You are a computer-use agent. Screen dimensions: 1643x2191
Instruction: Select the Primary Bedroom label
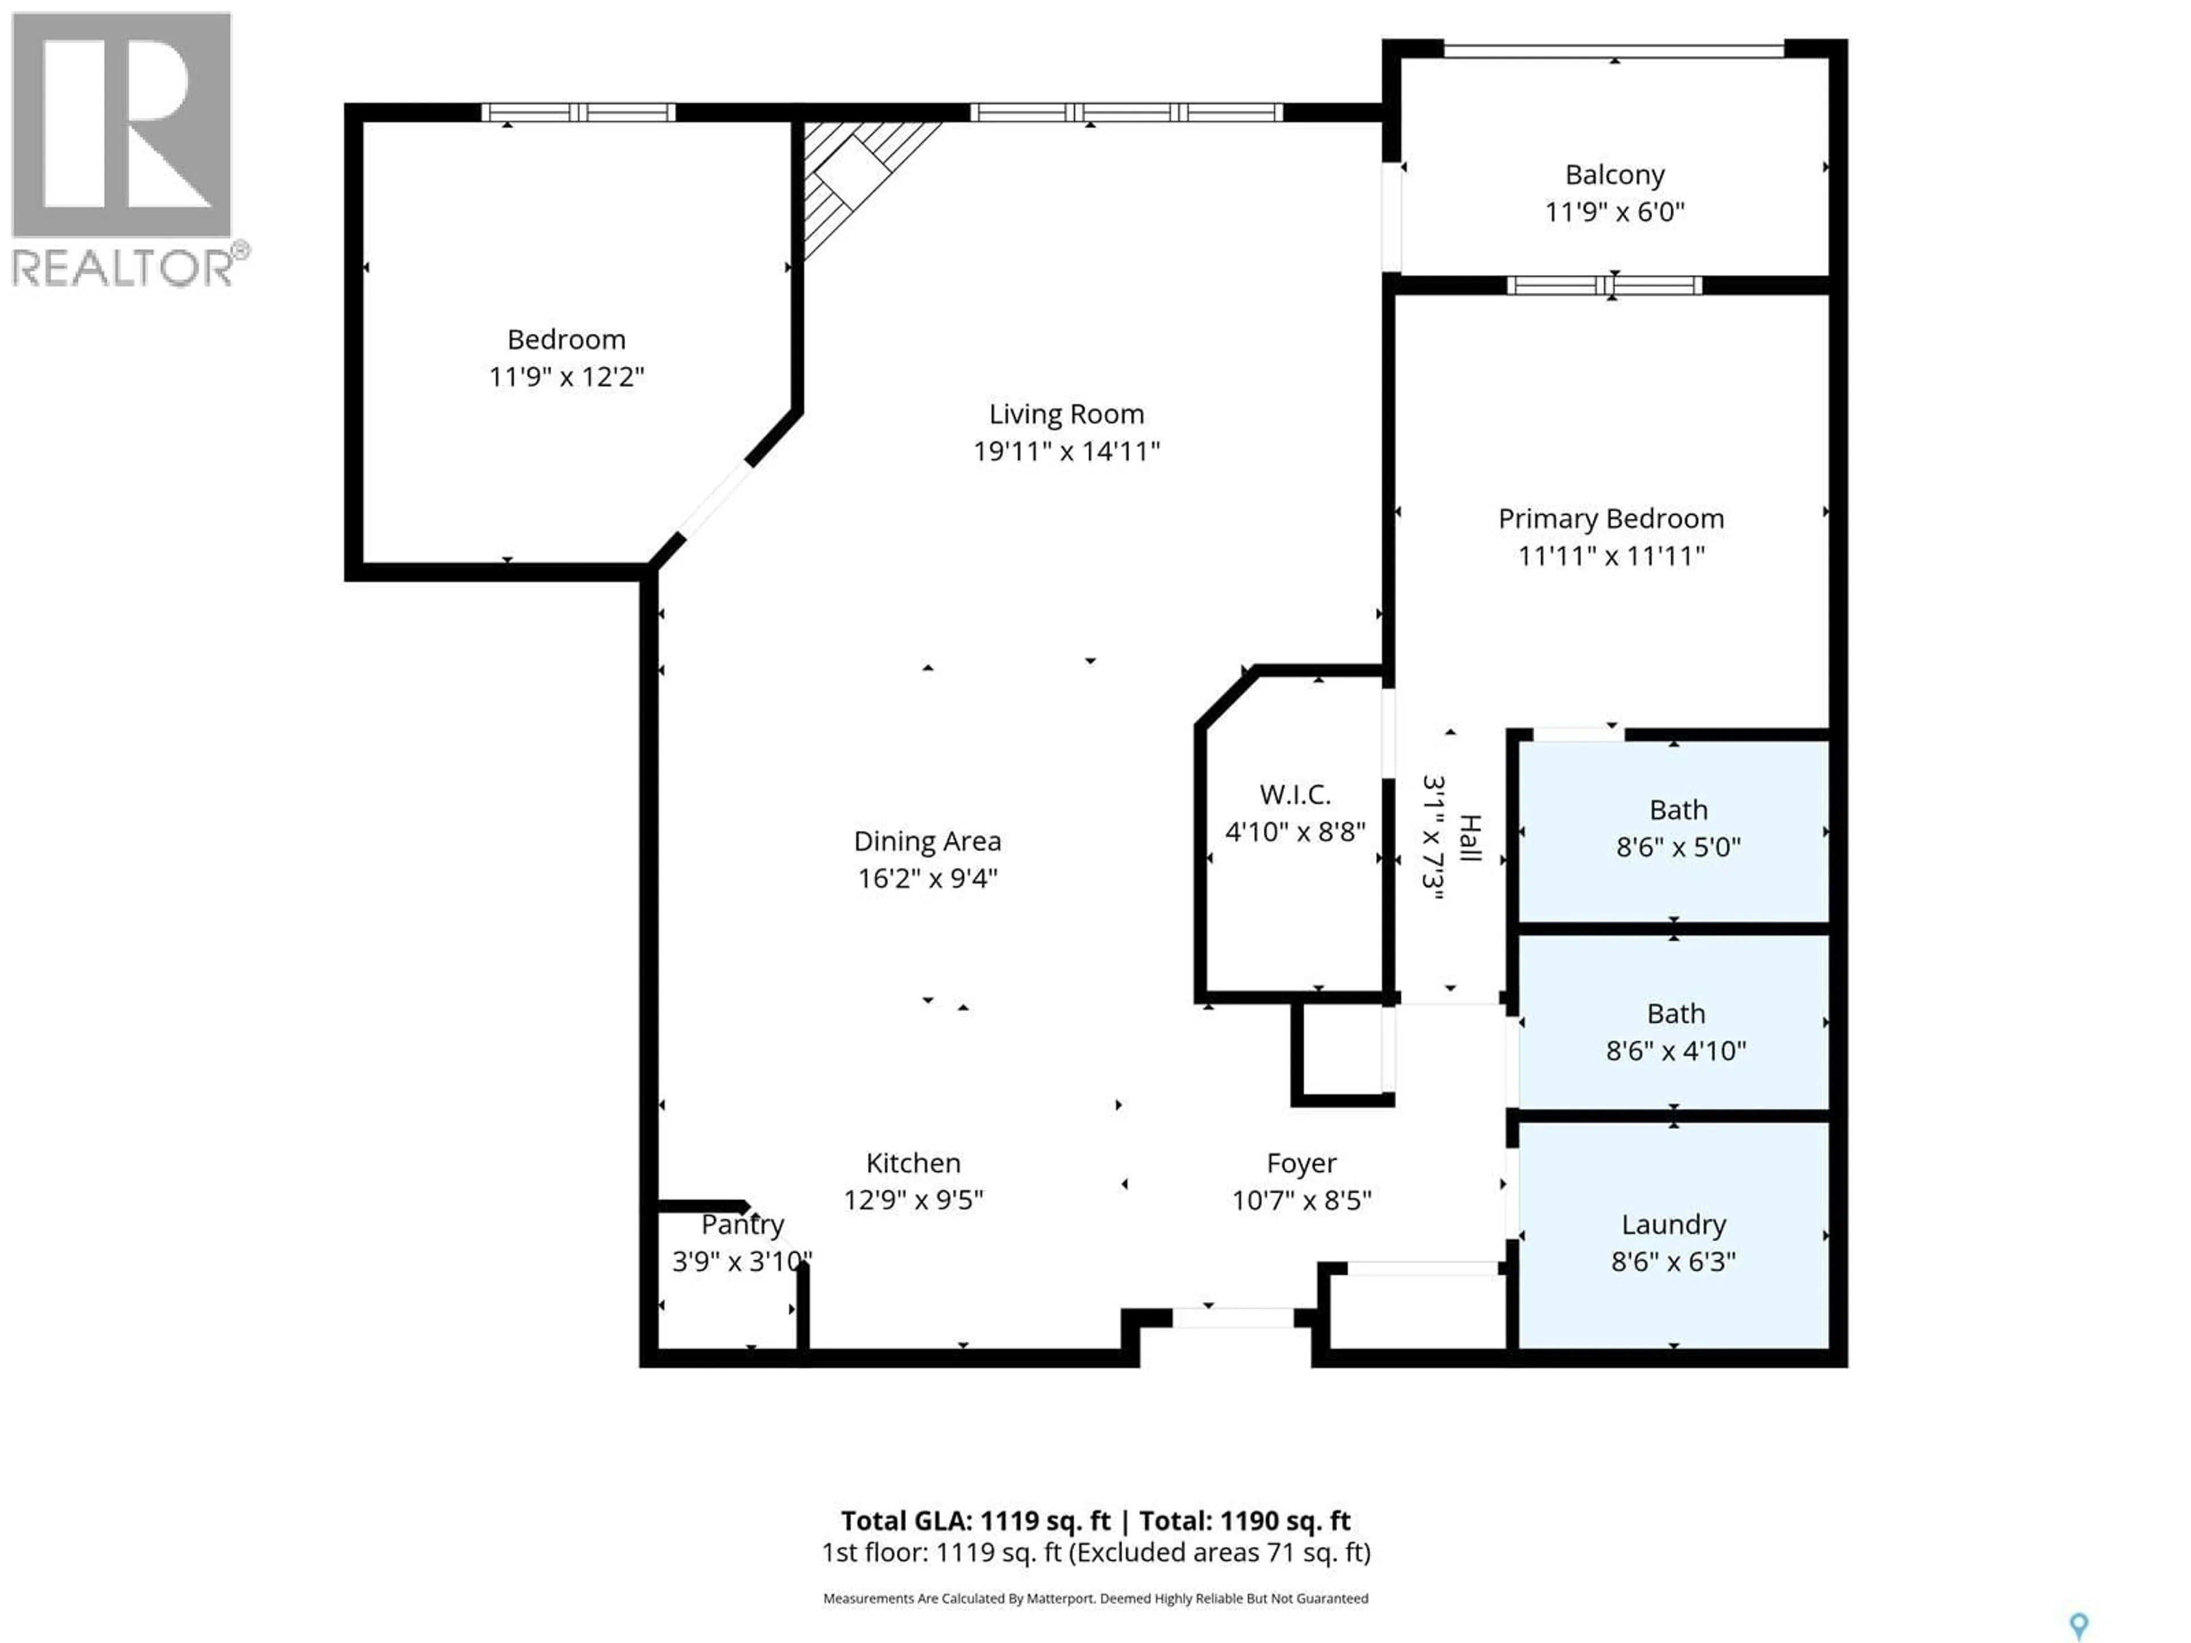(1611, 519)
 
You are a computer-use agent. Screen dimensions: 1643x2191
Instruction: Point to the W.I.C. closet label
(1295, 794)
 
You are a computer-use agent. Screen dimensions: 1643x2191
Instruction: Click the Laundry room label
(1673, 1225)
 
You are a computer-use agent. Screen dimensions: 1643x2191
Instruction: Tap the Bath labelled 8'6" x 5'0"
(1678, 810)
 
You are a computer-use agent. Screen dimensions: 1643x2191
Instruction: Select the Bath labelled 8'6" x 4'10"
(1676, 1014)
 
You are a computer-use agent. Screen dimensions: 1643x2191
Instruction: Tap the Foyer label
(1300, 1164)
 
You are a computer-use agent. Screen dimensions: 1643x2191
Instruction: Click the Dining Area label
(927, 842)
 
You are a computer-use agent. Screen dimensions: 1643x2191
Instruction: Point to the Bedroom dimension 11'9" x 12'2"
(565, 377)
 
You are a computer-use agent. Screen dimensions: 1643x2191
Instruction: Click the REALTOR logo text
(124, 268)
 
